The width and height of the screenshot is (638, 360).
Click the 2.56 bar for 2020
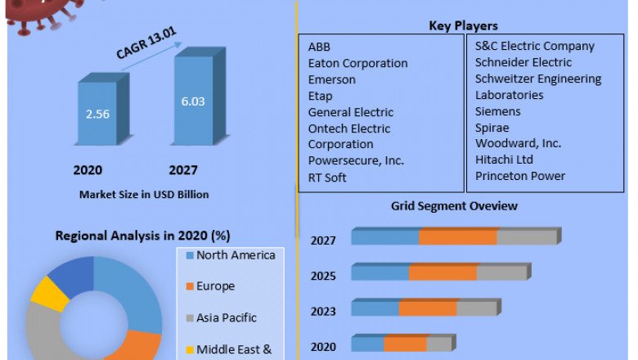(97, 115)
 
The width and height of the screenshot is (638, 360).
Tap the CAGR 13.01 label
(147, 43)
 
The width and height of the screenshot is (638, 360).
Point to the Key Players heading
(463, 26)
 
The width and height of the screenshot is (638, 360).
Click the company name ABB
(319, 47)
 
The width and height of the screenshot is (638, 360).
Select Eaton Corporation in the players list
(357, 63)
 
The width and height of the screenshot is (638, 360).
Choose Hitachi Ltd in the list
(504, 160)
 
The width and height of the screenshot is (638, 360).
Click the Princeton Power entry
(520, 176)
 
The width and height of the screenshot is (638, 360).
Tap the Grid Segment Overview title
(454, 206)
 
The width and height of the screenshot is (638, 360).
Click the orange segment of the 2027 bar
(457, 237)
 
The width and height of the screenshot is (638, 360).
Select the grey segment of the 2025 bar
(501, 272)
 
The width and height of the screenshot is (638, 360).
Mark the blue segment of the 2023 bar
(375, 308)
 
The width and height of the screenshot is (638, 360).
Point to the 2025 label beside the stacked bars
(323, 276)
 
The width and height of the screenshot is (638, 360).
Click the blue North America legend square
(188, 256)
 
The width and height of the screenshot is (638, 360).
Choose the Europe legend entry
(215, 286)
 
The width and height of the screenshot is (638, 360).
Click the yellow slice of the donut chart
(49, 294)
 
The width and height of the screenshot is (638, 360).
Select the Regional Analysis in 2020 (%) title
(142, 236)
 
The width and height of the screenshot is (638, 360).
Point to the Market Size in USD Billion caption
(144, 195)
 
